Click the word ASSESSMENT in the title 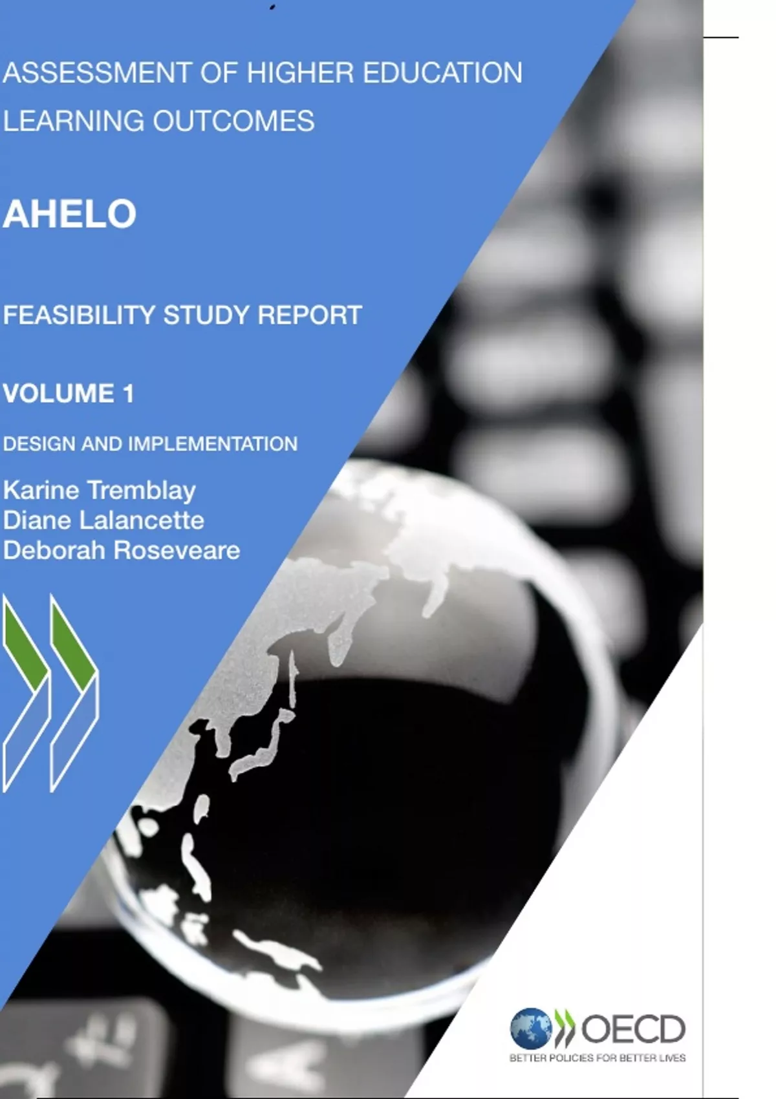point(97,73)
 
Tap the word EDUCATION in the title point(442,73)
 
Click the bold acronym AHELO point(70,214)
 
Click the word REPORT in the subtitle point(310,315)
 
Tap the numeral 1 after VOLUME point(128,394)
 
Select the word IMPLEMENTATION point(213,444)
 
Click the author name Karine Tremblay point(100,490)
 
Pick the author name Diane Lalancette point(103,520)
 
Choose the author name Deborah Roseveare point(122,551)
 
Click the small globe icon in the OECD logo point(530,1028)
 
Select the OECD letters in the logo point(633,1029)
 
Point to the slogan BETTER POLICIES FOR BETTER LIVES point(598,1058)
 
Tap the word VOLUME point(59,394)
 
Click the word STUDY point(206,315)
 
